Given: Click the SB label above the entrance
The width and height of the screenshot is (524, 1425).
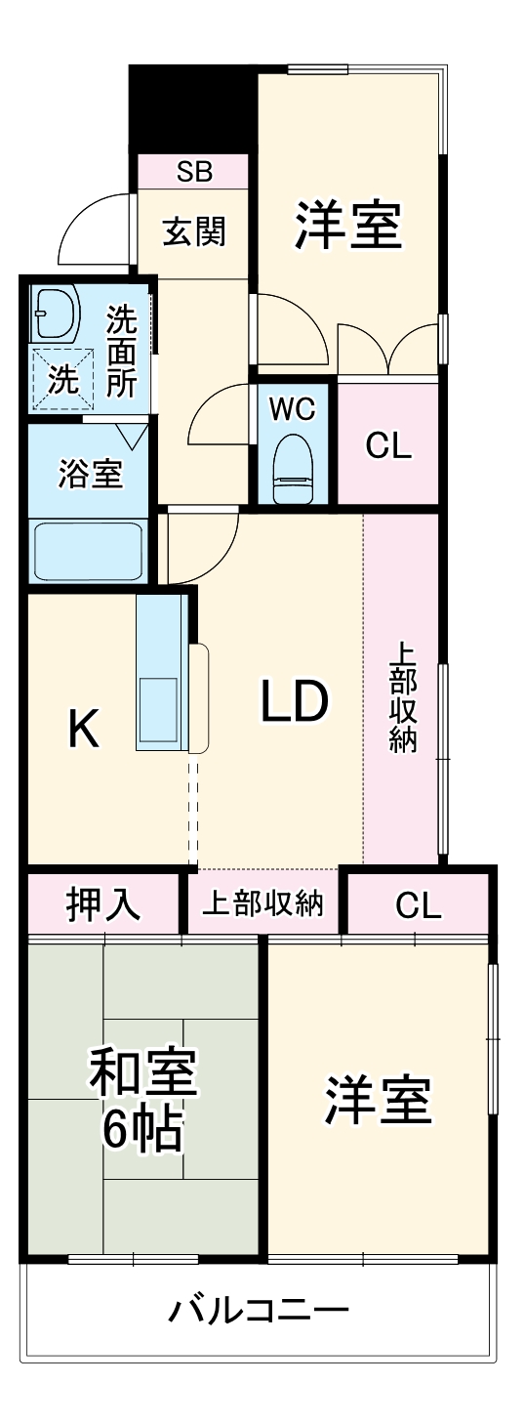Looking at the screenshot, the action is pyautogui.click(x=194, y=171).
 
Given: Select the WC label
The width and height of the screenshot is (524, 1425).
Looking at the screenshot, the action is pyautogui.click(x=292, y=408).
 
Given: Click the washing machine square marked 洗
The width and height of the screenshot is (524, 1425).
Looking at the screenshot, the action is pyautogui.click(x=64, y=380).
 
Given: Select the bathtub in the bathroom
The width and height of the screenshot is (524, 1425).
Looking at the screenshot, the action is pyautogui.click(x=88, y=551).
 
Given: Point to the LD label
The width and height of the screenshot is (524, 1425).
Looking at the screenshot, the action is pyautogui.click(x=295, y=700).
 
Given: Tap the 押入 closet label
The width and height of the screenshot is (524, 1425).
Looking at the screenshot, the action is pyautogui.click(x=103, y=904).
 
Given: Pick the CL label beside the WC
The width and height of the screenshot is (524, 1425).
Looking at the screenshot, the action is pyautogui.click(x=388, y=446).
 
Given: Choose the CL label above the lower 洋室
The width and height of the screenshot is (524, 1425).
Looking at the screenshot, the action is pyautogui.click(x=418, y=904).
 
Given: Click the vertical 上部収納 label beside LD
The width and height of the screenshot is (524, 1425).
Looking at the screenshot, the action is pyautogui.click(x=402, y=698).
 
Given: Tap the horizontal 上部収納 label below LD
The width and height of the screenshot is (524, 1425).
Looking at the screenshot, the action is pyautogui.click(x=262, y=902).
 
